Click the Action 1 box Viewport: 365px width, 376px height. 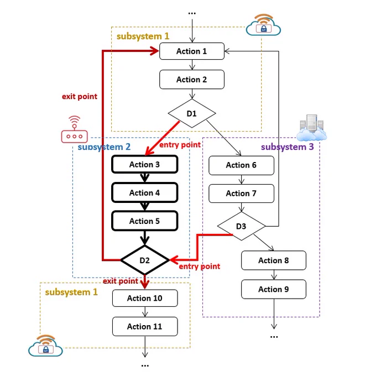pyautogui.click(x=192, y=51)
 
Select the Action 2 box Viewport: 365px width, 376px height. pyautogui.click(x=192, y=80)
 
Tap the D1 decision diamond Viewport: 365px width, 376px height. pyautogui.click(x=192, y=113)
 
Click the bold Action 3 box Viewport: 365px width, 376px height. pyautogui.click(x=144, y=165)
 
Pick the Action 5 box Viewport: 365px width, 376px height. pyautogui.click(x=144, y=221)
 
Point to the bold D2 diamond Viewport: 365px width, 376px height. pyautogui.click(x=145, y=260)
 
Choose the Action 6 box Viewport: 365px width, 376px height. pyautogui.click(x=241, y=165)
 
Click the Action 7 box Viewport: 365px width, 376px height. pyautogui.click(x=241, y=194)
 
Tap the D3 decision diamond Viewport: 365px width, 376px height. pyautogui.click(x=241, y=226)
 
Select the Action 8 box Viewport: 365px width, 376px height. pyautogui.click(x=274, y=260)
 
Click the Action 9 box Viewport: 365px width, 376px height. pyautogui.click(x=274, y=289)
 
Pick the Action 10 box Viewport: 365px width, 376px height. pyautogui.click(x=145, y=298)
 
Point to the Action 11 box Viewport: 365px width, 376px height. pyautogui.click(x=145, y=326)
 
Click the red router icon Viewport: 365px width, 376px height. pyautogui.click(x=74, y=129)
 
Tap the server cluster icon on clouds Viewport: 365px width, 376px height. pyautogui.click(x=311, y=128)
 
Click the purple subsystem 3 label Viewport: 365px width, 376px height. pyautogui.click(x=288, y=147)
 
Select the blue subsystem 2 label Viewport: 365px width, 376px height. pyautogui.click(x=104, y=147)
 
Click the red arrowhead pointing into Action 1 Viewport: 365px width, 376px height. pyautogui.click(x=154, y=51)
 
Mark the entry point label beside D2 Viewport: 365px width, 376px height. pyautogui.click(x=200, y=267)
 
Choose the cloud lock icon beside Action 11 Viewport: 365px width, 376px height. pyautogui.click(x=45, y=346)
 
